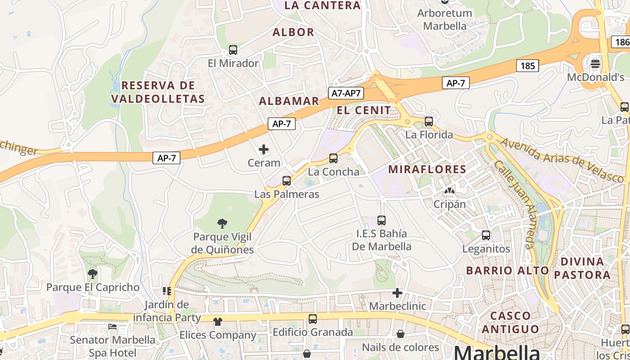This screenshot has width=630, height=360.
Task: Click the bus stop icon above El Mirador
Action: pos(233,50)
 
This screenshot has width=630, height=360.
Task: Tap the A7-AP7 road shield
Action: pos(346,93)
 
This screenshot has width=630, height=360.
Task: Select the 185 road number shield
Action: pos(527,66)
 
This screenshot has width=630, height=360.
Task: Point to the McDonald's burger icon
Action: pos(595,63)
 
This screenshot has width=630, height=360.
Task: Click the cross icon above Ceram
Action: pos(264,149)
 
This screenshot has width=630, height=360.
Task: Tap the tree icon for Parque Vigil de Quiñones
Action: pos(222,223)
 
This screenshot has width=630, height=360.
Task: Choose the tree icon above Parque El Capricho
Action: pos(93,274)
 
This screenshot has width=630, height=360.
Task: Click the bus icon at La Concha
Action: pos(333,158)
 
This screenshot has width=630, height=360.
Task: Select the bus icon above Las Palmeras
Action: pos(287,181)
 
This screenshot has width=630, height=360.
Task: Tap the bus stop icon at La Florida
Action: pos(429,121)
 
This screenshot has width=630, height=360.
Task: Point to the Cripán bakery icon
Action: pos(449,191)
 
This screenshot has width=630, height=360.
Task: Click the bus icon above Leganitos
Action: pos(486,235)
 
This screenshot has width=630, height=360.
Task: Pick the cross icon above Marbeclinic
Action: pos(397,293)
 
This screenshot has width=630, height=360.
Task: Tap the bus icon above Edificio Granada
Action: pos(313,319)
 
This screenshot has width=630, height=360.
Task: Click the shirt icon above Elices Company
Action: pos(218,321)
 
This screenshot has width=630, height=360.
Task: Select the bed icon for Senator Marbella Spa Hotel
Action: pos(112,327)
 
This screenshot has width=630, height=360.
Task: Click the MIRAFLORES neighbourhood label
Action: pos(427,170)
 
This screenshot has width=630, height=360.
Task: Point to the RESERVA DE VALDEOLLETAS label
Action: pos(158,92)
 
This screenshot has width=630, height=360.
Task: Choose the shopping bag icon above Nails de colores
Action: pos(400,334)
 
